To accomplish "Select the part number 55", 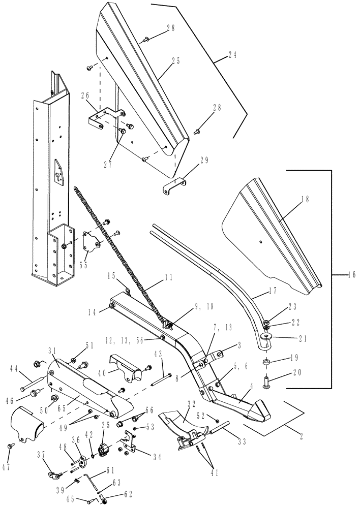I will point(82,265).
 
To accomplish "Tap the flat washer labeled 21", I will point(266,336).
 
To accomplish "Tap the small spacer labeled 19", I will point(266,363).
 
